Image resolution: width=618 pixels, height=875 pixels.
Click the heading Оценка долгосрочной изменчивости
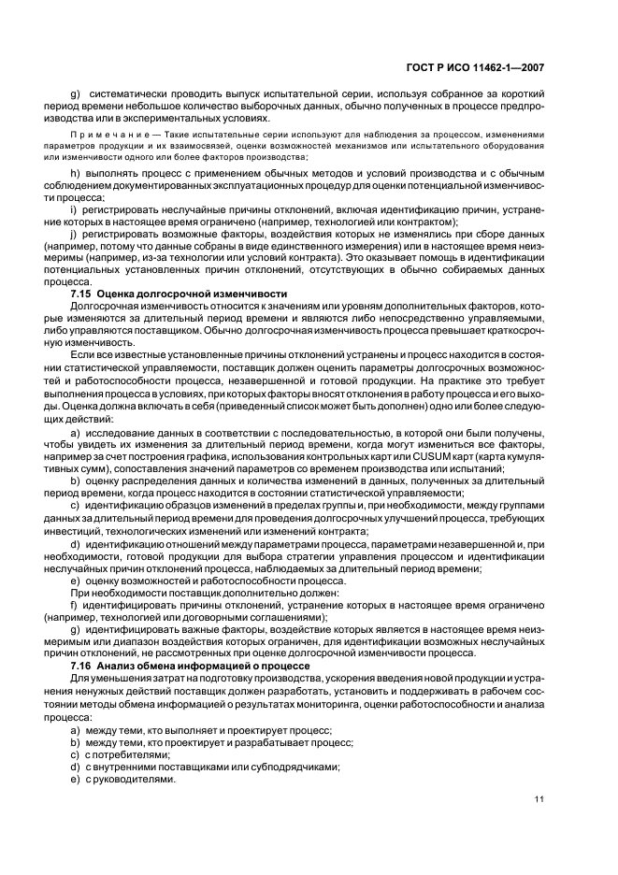pyautogui.click(x=179, y=294)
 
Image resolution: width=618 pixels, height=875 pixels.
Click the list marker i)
pyautogui.click(x=74, y=210)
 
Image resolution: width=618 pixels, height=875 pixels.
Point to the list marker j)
pyautogui.click(x=74, y=235)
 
